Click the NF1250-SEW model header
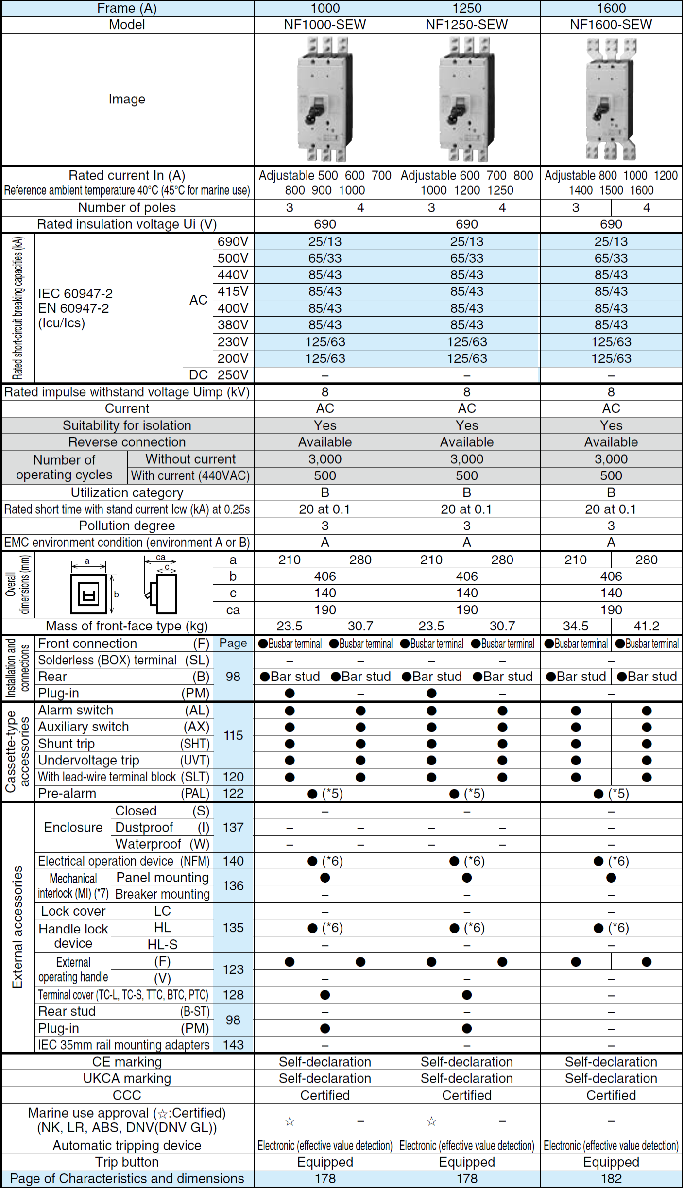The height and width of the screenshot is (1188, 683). [467, 25]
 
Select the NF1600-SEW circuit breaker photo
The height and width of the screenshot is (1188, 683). [611, 99]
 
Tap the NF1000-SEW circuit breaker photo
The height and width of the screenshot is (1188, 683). [324, 99]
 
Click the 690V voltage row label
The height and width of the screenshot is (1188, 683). [233, 241]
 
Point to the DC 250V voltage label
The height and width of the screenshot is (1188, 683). [233, 375]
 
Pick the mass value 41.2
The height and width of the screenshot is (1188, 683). [647, 626]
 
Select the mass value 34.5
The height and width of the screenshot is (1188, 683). [576, 626]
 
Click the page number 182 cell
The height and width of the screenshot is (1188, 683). [611, 1179]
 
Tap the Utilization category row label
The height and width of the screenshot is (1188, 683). [127, 492]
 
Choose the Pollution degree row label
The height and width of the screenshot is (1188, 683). [127, 526]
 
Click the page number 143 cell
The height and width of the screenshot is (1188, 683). [233, 1045]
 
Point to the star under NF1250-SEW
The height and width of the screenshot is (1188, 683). [431, 1121]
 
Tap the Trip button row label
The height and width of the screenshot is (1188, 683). [127, 1162]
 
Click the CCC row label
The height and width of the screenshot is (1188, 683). [127, 1095]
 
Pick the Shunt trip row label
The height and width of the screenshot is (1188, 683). [67, 744]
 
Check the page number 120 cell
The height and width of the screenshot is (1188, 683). [233, 777]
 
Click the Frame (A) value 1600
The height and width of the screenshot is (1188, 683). [611, 8]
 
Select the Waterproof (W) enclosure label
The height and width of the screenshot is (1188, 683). [162, 844]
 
